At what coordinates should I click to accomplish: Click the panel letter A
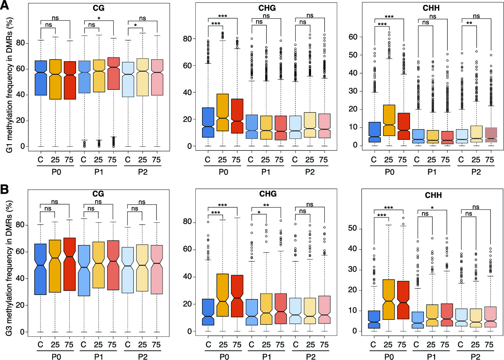point(4,5)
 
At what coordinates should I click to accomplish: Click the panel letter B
point(4,189)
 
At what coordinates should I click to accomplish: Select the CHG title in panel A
point(267,8)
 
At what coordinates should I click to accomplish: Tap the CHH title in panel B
point(433,195)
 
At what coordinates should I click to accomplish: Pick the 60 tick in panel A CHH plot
point(353,37)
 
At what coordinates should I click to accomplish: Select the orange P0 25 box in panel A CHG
point(222,112)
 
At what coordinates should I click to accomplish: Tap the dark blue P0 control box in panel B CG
point(41,269)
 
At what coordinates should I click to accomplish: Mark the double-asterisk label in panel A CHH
point(469,24)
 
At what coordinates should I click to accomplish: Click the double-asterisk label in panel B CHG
point(266,205)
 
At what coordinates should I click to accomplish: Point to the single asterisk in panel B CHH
point(432,208)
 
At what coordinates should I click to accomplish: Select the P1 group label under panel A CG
point(99,172)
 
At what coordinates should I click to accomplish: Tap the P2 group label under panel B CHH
point(475,357)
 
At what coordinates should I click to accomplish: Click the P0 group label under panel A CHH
point(389,172)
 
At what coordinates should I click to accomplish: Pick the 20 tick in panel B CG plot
point(20,305)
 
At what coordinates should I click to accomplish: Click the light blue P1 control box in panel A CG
point(84,77)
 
